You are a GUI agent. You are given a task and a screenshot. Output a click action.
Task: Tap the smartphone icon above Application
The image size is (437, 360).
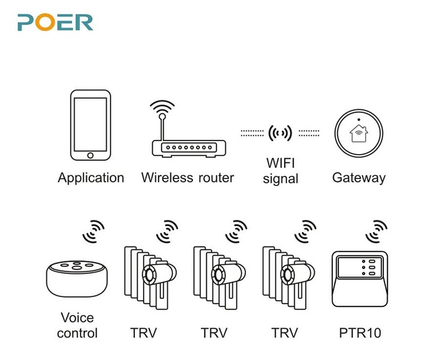click(x=91, y=125)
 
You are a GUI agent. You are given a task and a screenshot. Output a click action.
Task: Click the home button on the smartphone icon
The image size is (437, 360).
click(x=91, y=155)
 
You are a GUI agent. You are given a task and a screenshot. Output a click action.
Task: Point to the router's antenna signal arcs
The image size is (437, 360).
click(x=163, y=107)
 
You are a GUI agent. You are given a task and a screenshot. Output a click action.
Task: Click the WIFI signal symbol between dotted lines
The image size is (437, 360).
click(x=280, y=132)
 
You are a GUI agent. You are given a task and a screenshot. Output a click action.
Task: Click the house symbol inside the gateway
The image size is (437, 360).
click(x=358, y=133)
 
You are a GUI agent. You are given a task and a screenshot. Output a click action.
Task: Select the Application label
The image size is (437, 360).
click(x=91, y=178)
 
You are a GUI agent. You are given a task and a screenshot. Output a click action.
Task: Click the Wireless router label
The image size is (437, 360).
click(x=187, y=178)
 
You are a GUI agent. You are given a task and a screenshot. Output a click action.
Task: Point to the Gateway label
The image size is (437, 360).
click(x=358, y=178)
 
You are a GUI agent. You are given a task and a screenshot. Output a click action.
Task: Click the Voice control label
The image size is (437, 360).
click(x=77, y=326)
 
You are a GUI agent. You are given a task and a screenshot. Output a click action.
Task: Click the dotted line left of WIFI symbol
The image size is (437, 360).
click(x=252, y=133)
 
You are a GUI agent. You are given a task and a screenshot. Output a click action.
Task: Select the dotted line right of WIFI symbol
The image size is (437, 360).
click(x=308, y=133)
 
